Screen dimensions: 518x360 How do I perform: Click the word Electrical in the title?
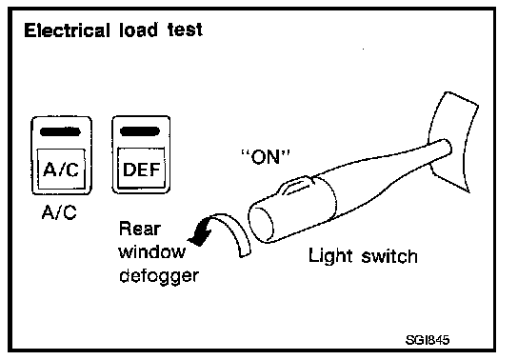tap(67, 30)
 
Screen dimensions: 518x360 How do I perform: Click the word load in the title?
tap(138, 30)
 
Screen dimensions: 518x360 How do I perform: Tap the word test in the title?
tap(185, 30)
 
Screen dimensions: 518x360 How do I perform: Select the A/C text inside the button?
tap(61, 170)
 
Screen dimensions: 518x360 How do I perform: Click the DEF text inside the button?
tap(141, 170)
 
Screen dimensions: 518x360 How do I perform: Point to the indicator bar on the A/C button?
tap(60, 132)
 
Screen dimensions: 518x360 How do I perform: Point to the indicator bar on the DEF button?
tap(140, 131)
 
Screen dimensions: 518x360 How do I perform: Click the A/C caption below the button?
tap(59, 212)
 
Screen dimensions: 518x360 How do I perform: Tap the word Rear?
tap(140, 229)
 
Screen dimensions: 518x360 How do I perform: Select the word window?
tap(152, 251)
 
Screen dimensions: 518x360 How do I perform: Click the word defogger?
tap(159, 276)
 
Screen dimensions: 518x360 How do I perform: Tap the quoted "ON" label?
tap(266, 157)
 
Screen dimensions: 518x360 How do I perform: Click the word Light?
tap(330, 256)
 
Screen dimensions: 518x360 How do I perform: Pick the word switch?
tap(389, 256)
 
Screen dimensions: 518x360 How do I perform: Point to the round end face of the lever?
tap(261, 223)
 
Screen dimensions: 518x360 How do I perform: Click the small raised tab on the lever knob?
tap(296, 186)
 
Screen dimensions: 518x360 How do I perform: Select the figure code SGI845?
tap(428, 340)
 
